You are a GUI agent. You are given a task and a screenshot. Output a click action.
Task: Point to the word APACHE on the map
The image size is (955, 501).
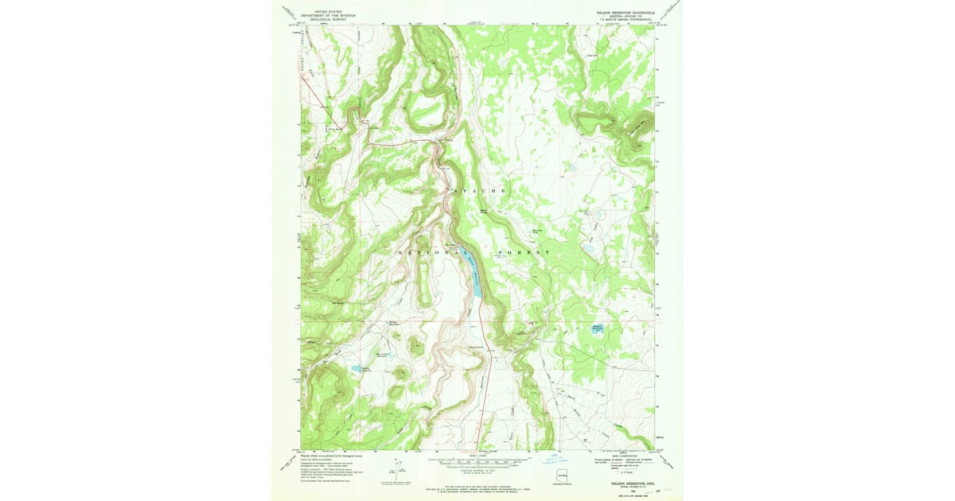pos(479,192)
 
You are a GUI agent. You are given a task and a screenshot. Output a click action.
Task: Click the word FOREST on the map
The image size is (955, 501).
pos(524,252)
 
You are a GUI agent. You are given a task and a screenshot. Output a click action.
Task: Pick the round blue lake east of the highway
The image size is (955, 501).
pos(598,328)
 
